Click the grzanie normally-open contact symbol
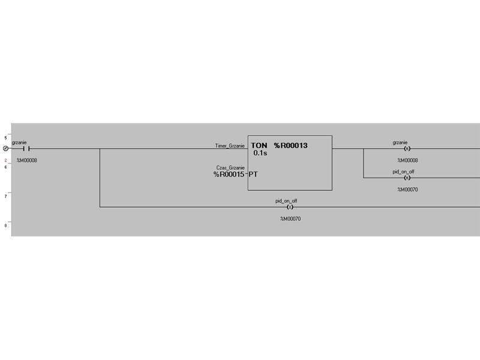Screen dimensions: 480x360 [x=26, y=149]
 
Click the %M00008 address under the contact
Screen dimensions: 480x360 [x=27, y=160]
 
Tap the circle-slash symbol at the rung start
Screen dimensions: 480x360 [x=5, y=149]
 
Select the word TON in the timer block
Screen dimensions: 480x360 [x=259, y=145]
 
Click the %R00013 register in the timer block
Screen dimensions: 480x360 [x=291, y=145]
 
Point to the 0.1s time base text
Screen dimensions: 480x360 [x=260, y=153]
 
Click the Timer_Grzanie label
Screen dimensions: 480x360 [x=230, y=146]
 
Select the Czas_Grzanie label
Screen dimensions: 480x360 [x=230, y=168]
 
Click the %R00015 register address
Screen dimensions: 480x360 [x=229, y=175]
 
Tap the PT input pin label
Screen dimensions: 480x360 [x=253, y=175]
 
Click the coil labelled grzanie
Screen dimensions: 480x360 [x=407, y=149]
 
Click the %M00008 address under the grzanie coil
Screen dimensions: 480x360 [x=407, y=160]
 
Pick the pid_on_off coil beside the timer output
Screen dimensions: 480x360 [x=407, y=178]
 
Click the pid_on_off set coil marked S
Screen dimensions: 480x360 [x=290, y=207]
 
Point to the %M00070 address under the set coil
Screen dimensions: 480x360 [x=290, y=219]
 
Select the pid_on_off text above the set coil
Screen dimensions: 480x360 [x=286, y=201]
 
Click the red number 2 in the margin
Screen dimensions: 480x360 [x=5, y=160]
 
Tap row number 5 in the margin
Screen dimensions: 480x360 [x=5, y=138]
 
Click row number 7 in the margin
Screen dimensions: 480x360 [x=5, y=196]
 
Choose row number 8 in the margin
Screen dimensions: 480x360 [x=5, y=226]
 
